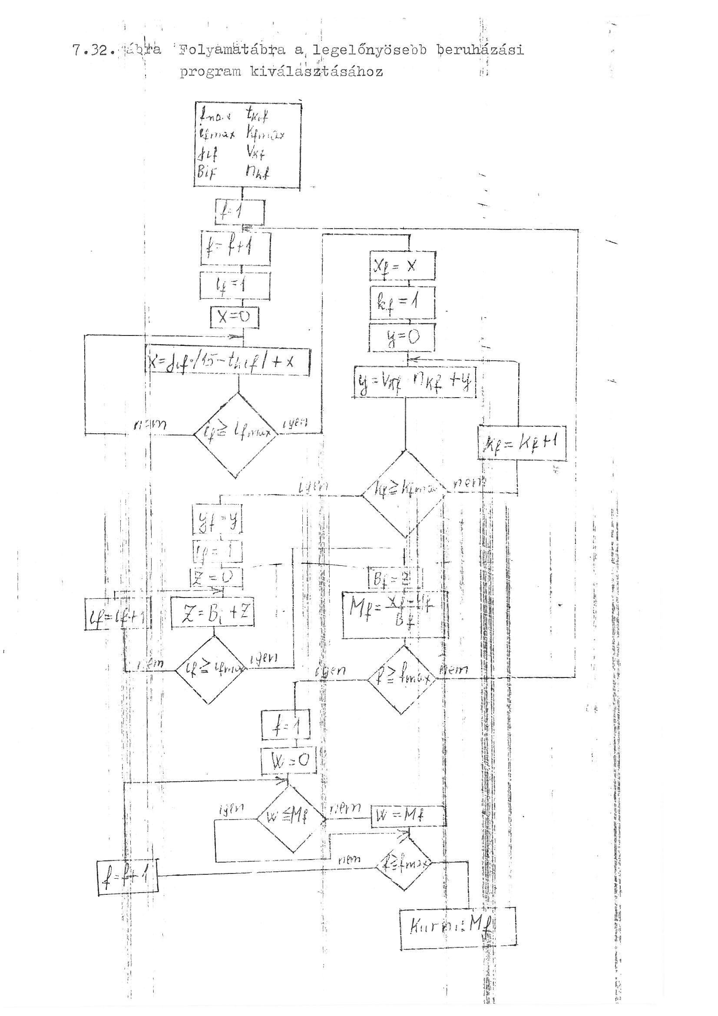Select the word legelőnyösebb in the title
(369, 50)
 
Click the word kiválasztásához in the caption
(316, 72)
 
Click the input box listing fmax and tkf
(248, 145)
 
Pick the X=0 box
(235, 317)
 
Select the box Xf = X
(403, 266)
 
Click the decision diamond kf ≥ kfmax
(404, 493)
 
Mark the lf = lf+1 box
(116, 613)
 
